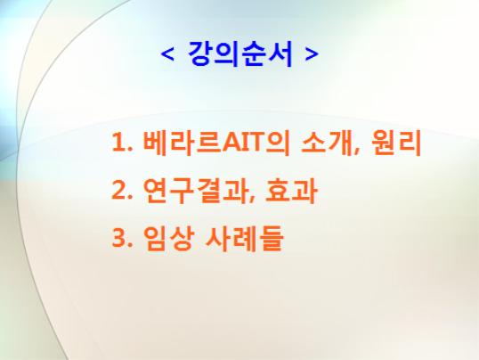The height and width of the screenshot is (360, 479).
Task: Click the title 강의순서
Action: (x=240, y=53)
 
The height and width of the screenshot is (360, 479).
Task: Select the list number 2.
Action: (x=119, y=190)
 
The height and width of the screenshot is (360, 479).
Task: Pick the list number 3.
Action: (x=119, y=238)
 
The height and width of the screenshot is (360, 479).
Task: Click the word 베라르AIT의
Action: (x=216, y=143)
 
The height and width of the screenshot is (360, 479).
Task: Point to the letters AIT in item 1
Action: (x=243, y=143)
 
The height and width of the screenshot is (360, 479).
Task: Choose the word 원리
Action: (x=396, y=143)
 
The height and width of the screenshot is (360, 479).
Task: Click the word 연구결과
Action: (x=194, y=191)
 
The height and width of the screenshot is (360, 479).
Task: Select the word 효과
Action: (x=291, y=191)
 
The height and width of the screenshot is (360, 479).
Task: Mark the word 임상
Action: (x=168, y=239)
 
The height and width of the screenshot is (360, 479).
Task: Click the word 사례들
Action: (x=244, y=239)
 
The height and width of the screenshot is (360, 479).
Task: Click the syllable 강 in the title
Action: (x=200, y=53)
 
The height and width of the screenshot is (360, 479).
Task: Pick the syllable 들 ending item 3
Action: (x=271, y=239)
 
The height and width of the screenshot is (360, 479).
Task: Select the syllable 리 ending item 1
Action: (x=410, y=143)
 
